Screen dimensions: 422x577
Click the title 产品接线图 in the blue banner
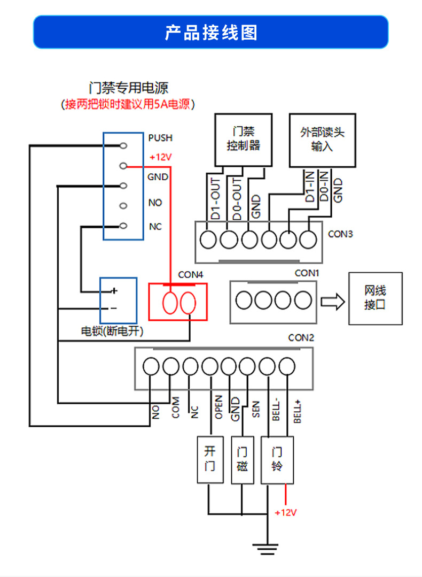[x=211, y=33]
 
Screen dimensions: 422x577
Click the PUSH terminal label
[x=160, y=138]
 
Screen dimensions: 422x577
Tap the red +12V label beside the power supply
[x=161, y=157]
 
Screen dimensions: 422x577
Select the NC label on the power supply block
[x=155, y=227]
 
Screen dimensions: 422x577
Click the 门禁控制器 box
[x=244, y=140]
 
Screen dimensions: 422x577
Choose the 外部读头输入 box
[x=323, y=140]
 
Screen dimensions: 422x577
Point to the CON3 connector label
[x=340, y=234]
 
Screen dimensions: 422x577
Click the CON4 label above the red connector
[x=190, y=275]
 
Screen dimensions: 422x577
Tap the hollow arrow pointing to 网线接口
[x=333, y=302]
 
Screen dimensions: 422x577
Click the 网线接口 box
[x=376, y=298]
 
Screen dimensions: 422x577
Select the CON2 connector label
[x=301, y=338]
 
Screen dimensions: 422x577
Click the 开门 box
[x=210, y=459]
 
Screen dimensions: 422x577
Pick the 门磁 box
[x=242, y=459]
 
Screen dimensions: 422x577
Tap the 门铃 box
[x=277, y=459]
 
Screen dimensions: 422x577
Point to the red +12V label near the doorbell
[x=286, y=513]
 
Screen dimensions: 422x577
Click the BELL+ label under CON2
[x=298, y=411]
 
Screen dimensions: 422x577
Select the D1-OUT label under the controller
[x=216, y=199]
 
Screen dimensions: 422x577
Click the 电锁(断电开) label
[x=112, y=331]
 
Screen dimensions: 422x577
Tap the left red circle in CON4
[x=170, y=303]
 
